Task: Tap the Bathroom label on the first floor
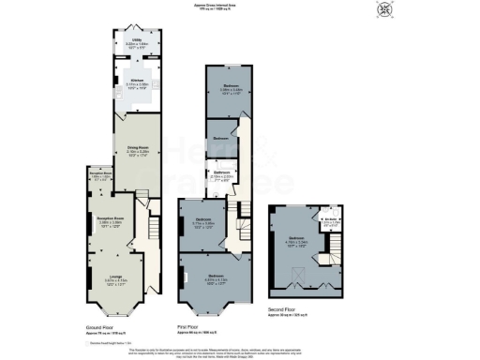[222, 173]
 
